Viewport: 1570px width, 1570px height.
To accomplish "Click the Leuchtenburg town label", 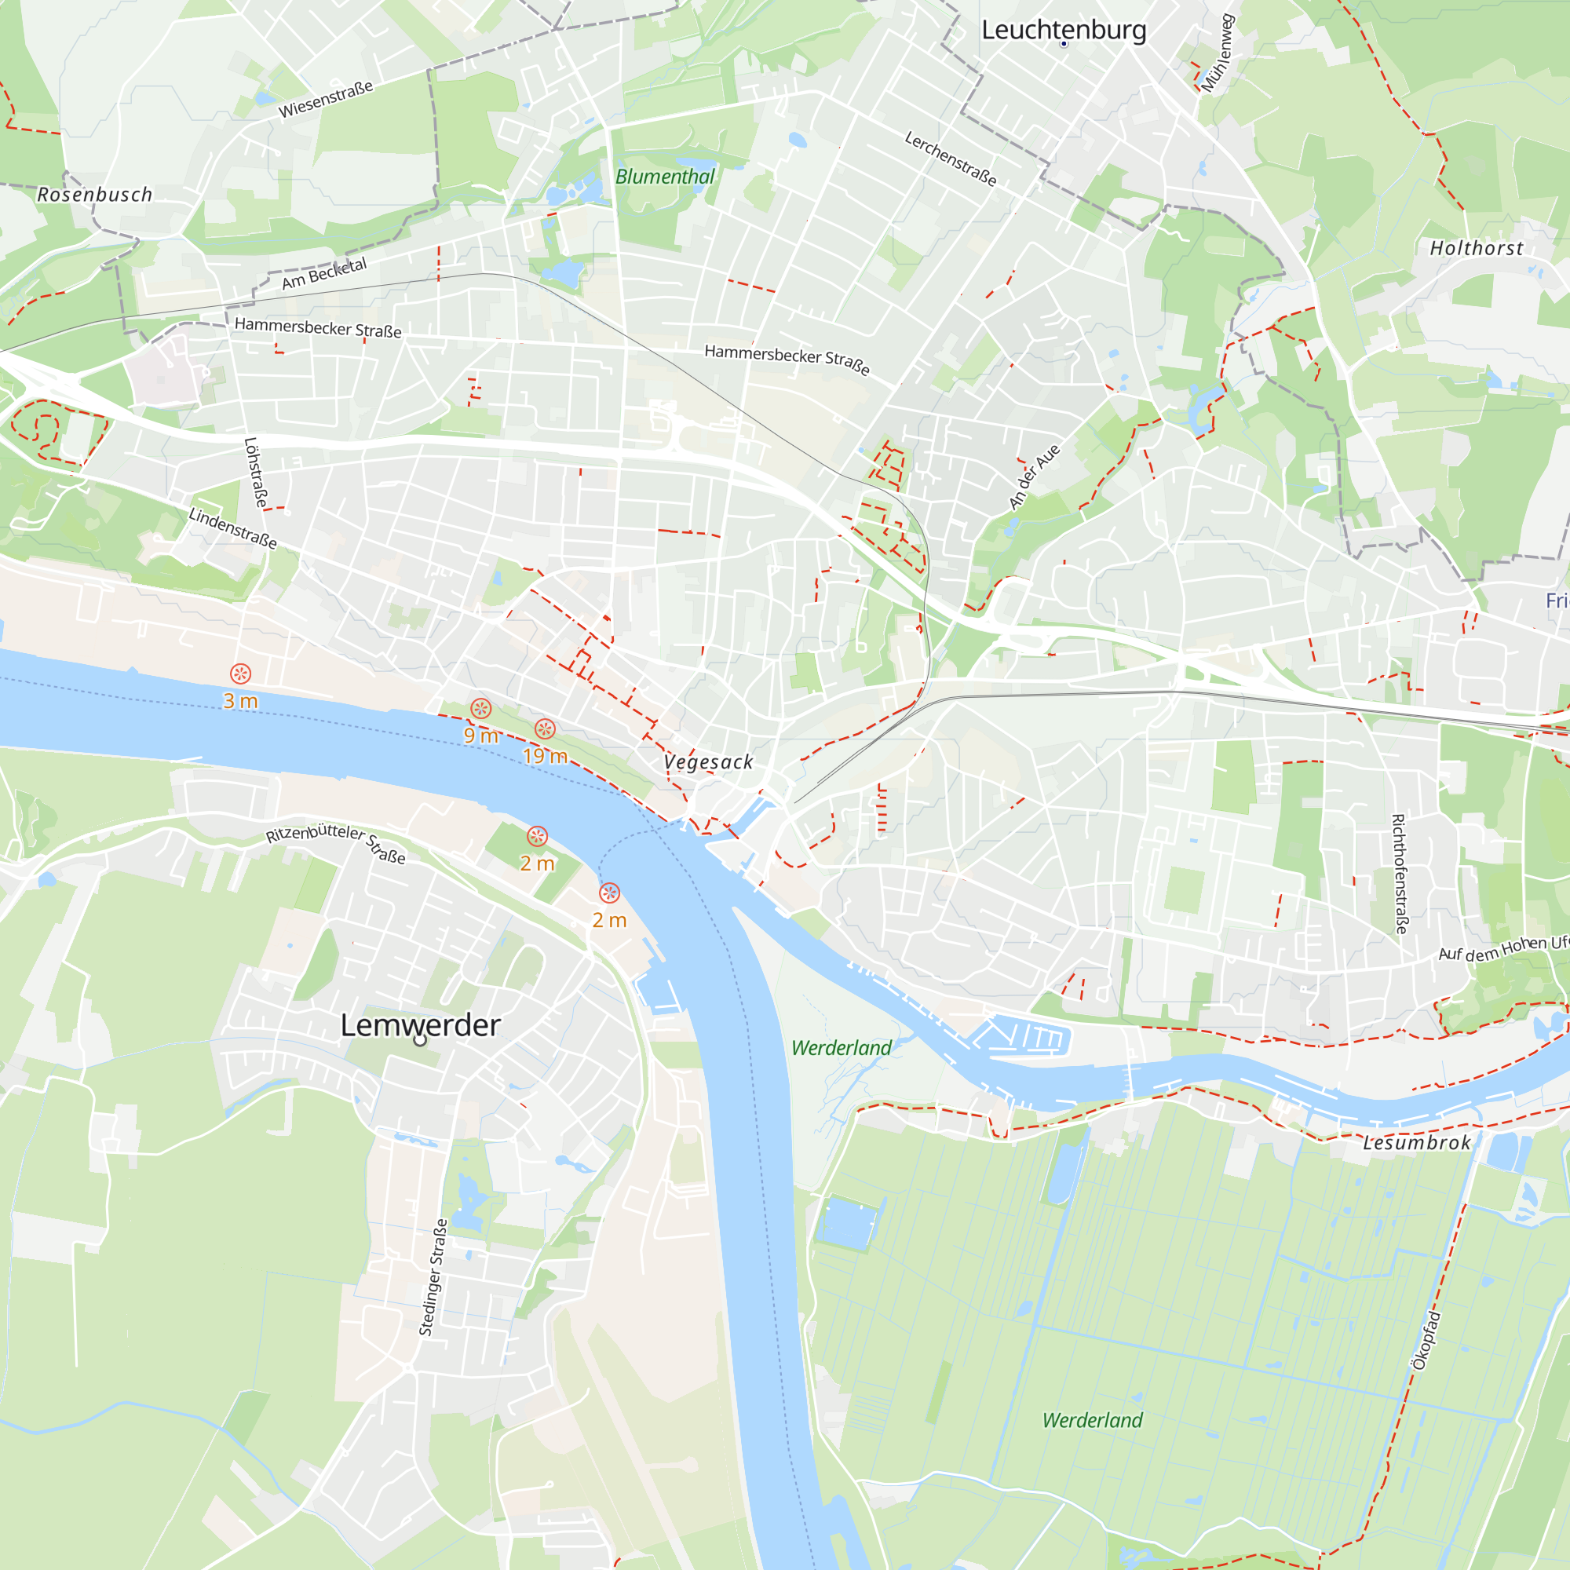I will [1063, 30].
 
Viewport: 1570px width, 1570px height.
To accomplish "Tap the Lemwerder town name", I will [420, 1025].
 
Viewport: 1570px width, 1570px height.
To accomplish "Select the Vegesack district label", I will [708, 762].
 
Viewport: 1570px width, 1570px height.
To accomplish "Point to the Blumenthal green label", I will [665, 177].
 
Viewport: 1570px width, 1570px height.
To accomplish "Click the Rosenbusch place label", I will [95, 195].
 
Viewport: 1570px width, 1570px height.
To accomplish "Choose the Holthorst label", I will [1476, 249].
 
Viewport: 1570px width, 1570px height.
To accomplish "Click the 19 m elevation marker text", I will [545, 757].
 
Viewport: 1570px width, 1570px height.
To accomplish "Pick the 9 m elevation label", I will [481, 736].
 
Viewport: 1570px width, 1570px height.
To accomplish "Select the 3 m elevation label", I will [240, 701].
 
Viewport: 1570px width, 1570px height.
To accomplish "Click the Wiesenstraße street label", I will [326, 99].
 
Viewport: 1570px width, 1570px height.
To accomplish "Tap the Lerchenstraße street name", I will [950, 159].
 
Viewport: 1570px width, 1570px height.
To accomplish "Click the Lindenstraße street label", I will [232, 528].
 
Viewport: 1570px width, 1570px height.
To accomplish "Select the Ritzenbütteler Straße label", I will [336, 841].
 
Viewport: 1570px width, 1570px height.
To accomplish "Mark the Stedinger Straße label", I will [433, 1278].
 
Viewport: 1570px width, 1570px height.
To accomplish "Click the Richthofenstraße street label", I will [1400, 874].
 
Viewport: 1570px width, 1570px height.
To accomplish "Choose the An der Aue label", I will [1034, 477].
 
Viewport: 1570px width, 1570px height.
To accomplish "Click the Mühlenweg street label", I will [1218, 53].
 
